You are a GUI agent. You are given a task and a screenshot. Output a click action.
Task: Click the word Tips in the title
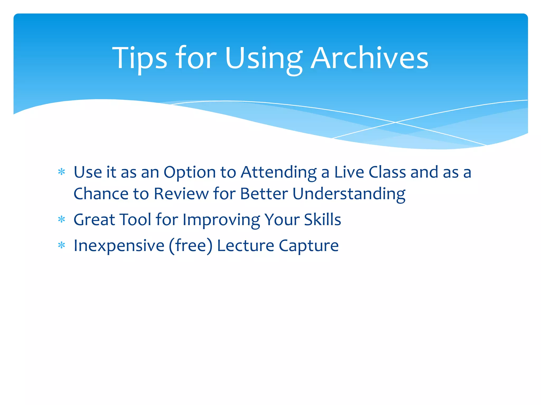[139, 58]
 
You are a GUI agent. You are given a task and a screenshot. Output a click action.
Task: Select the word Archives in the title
[369, 58]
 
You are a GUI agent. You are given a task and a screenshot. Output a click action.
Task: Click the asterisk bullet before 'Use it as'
[62, 172]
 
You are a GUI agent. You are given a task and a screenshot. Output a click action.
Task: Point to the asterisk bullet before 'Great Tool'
[62, 219]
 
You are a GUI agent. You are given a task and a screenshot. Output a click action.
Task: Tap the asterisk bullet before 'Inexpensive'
[62, 245]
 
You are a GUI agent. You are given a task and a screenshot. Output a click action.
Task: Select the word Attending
[278, 173]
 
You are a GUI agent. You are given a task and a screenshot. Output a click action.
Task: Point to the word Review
[181, 194]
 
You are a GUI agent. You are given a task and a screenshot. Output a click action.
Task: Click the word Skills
[322, 219]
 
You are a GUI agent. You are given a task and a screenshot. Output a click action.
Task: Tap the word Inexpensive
[119, 246]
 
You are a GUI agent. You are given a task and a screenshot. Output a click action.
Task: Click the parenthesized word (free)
[190, 246]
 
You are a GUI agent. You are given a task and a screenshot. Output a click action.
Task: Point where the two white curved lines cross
[395, 122]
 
